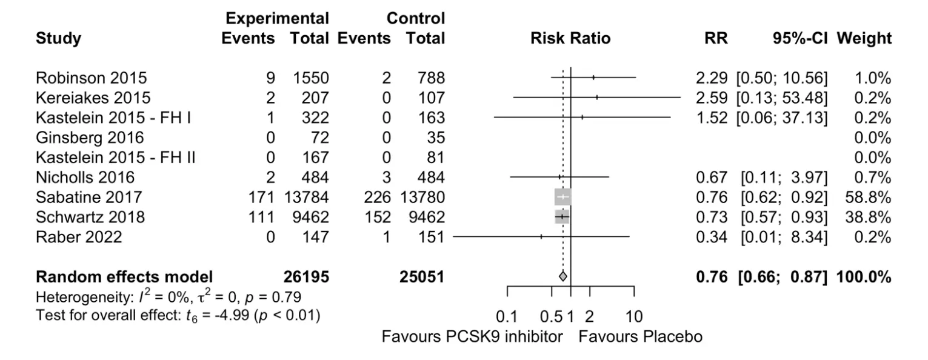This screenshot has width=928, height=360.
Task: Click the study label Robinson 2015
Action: [x=91, y=78]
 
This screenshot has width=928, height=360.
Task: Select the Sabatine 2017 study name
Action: [x=88, y=197]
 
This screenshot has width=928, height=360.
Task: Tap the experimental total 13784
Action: [x=306, y=197]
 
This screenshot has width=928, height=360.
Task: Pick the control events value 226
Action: [x=378, y=197]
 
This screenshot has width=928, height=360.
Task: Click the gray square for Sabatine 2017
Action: [x=562, y=197]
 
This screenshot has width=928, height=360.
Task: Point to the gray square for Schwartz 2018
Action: [x=562, y=216]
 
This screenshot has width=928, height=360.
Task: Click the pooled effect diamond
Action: [x=562, y=276]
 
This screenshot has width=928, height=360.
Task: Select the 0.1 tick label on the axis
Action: [x=507, y=317]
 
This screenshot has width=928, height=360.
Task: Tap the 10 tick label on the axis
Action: [x=634, y=317]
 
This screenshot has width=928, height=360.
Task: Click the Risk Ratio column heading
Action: [x=570, y=38]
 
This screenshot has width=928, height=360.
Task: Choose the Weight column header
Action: [x=864, y=38]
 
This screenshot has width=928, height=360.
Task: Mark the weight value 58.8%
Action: [x=868, y=197]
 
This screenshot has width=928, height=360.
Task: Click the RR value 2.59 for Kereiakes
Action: [x=712, y=98]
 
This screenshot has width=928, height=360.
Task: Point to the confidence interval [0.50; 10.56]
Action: [x=782, y=78]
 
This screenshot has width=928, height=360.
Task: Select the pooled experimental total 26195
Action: [x=306, y=277]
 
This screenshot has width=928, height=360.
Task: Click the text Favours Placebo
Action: [x=641, y=336]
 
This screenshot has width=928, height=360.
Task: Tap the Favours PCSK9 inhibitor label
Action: [x=472, y=336]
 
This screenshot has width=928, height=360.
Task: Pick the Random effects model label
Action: [x=124, y=277]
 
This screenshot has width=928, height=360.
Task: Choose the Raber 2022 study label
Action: [x=79, y=237]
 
